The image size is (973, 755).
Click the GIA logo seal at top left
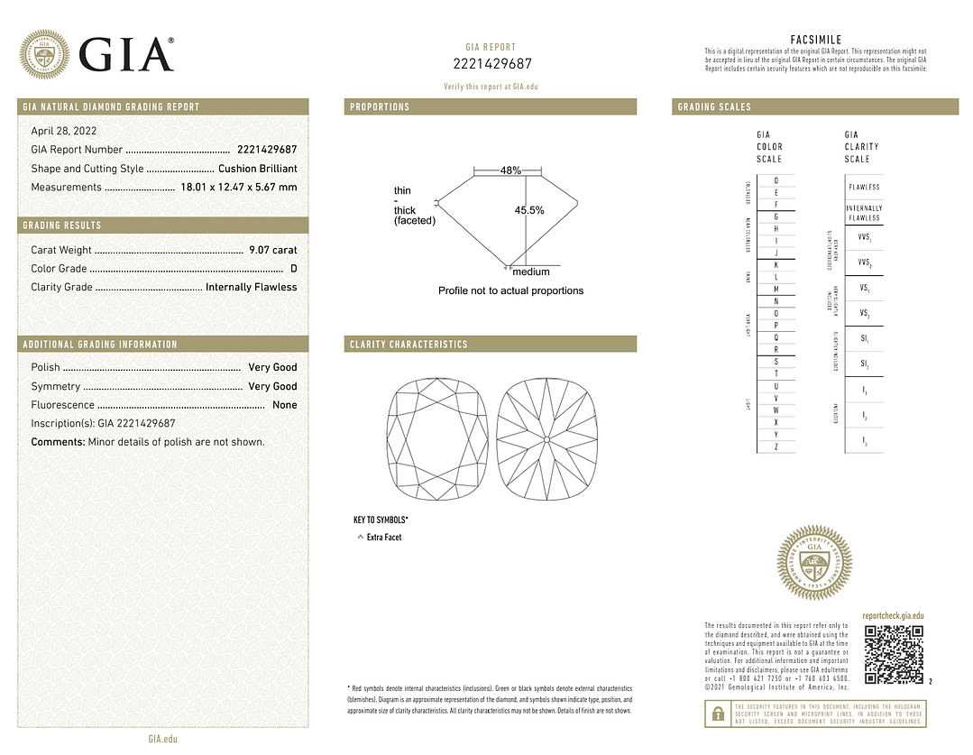[45, 54]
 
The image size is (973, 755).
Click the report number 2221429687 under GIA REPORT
[491, 63]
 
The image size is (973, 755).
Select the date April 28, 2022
[64, 131]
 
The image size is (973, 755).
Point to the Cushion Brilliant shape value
[257, 169]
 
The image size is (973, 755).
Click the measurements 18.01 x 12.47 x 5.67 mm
[238, 188]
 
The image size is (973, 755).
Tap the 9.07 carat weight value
[272, 250]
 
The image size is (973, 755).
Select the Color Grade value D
[293, 269]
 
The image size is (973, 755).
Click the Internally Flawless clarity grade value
[251, 287]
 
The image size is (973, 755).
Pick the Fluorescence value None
[284, 405]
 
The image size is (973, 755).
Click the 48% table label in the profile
[511, 171]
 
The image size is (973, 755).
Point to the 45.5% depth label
[529, 210]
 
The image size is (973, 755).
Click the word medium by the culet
[531, 272]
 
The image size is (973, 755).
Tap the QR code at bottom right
[894, 654]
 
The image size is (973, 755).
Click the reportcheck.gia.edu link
[893, 616]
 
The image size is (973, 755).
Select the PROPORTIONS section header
[380, 107]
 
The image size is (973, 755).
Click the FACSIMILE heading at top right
[815, 40]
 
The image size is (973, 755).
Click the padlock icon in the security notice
[717, 714]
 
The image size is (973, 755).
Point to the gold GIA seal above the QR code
[814, 563]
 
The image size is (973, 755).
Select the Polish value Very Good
[272, 367]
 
